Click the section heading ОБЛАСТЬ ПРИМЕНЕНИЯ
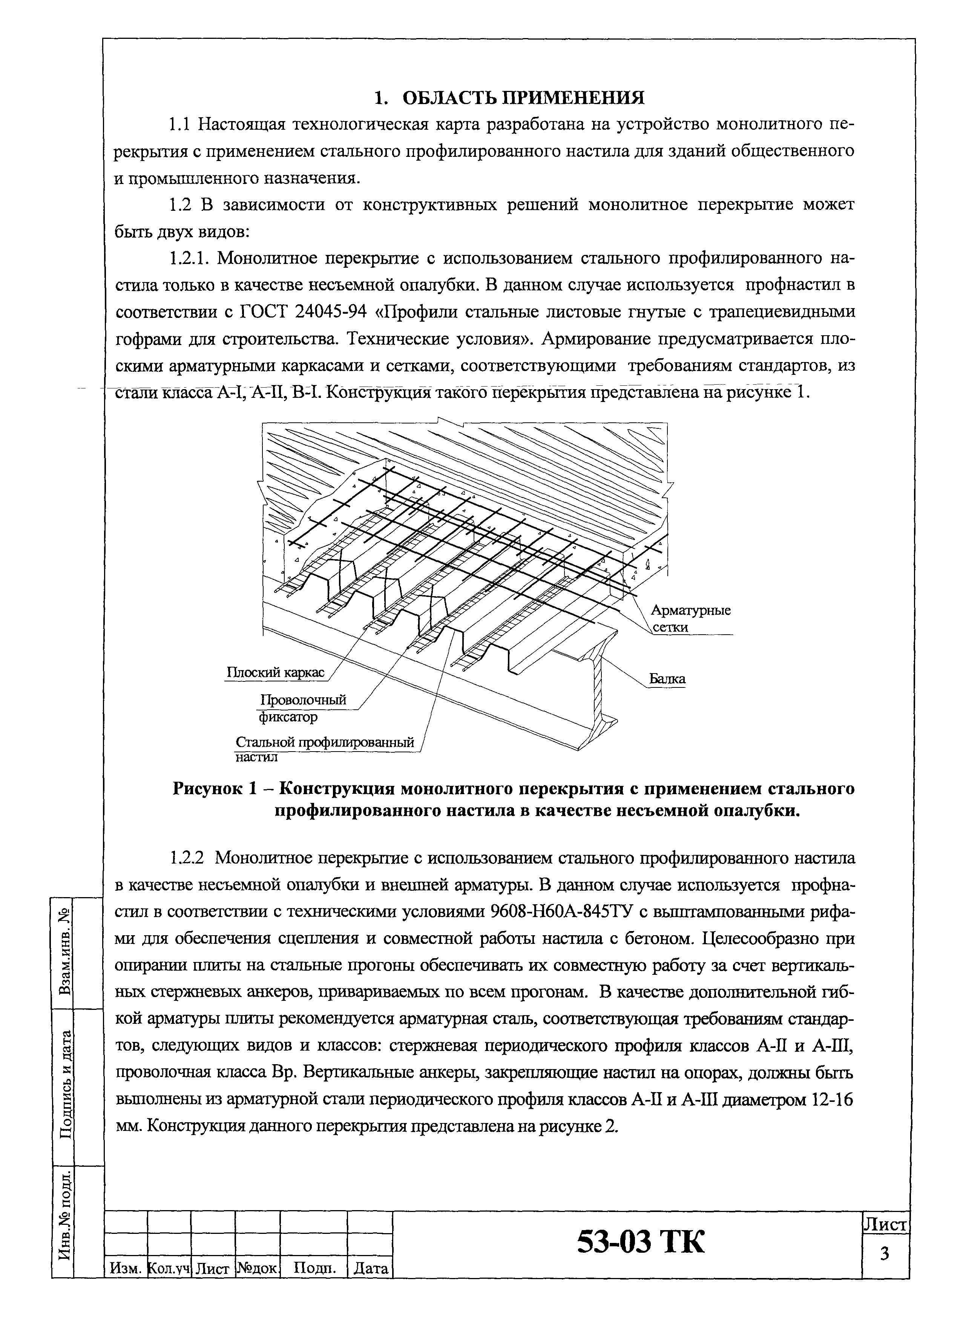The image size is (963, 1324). pos(523,98)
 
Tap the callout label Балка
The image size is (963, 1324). pos(667,679)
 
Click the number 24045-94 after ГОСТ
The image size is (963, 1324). pos(331,312)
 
